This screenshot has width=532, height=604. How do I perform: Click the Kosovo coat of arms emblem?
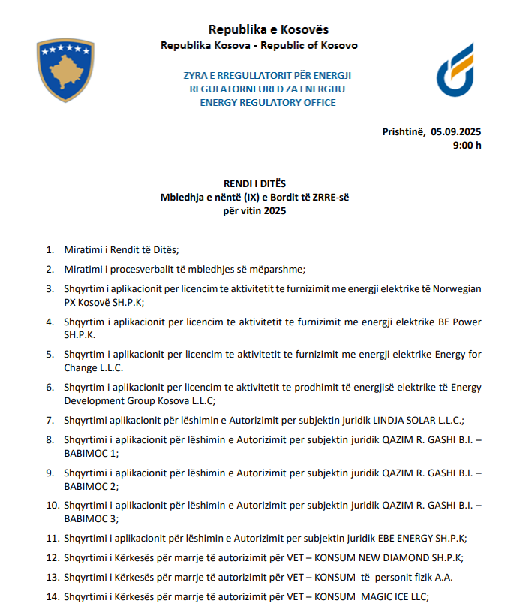coord(65,70)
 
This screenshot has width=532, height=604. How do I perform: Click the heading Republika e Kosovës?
coord(268,29)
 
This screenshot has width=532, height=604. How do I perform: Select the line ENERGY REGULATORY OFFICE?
coord(268,102)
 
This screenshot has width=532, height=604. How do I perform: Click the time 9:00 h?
coord(467,145)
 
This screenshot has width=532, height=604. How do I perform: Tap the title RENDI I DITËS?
coord(254,184)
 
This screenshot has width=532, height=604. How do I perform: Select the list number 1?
coord(50,250)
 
